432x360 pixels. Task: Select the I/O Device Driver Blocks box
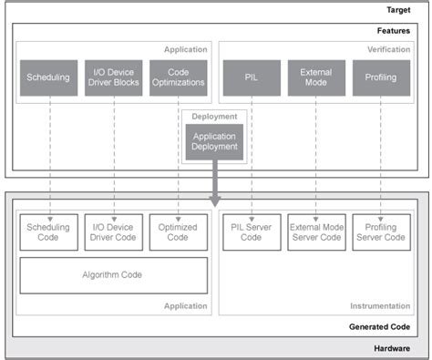tap(114, 78)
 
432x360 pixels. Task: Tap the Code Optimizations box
tap(178, 78)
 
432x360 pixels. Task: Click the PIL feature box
tap(251, 78)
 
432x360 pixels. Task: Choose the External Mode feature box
tap(315, 78)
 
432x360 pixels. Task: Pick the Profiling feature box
tap(380, 78)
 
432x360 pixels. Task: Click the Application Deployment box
tap(214, 140)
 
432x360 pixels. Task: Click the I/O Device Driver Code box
tap(114, 231)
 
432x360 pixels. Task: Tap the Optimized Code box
tap(178, 231)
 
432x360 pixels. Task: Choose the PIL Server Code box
tap(251, 231)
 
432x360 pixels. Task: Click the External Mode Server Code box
tap(315, 231)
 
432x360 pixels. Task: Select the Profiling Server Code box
tap(380, 231)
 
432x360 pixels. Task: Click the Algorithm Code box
tap(114, 275)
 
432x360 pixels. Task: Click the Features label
tap(395, 30)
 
